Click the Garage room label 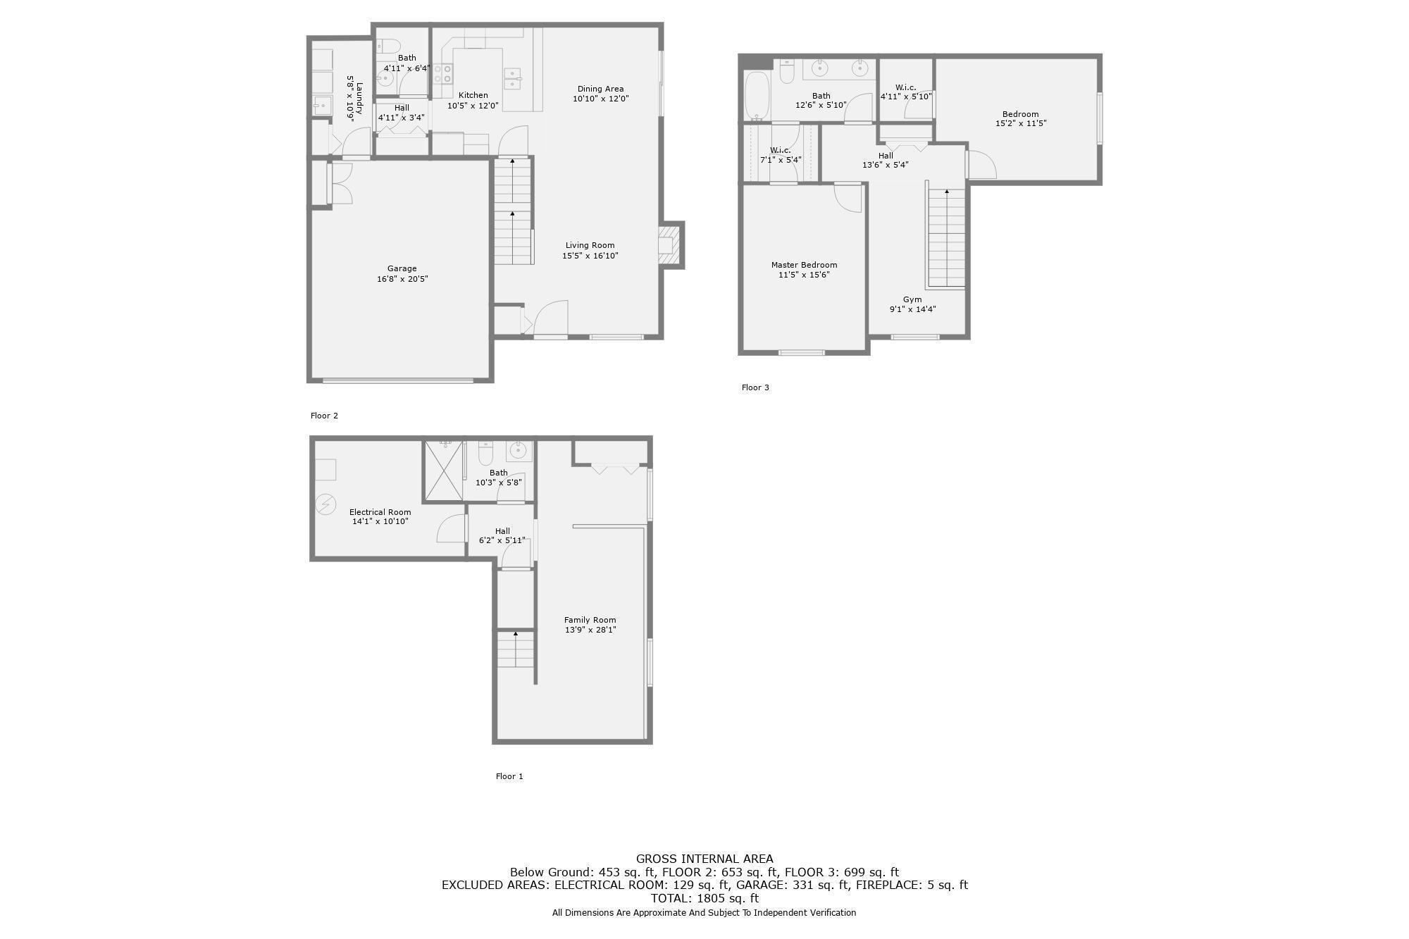[x=402, y=268]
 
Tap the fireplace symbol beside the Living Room [x=669, y=244]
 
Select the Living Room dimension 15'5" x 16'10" [x=590, y=256]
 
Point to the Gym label [x=912, y=299]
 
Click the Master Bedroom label [x=804, y=265]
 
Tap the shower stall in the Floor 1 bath [x=444, y=471]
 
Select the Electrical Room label [x=380, y=512]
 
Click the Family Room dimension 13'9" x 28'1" [x=590, y=630]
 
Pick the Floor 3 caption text [x=755, y=387]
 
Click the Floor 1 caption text [x=509, y=776]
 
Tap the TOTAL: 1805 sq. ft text [x=704, y=898]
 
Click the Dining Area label [x=600, y=89]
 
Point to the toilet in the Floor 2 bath [x=388, y=46]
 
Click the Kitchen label [x=473, y=95]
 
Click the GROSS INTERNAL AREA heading [x=704, y=859]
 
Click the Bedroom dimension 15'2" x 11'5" [x=1020, y=123]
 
